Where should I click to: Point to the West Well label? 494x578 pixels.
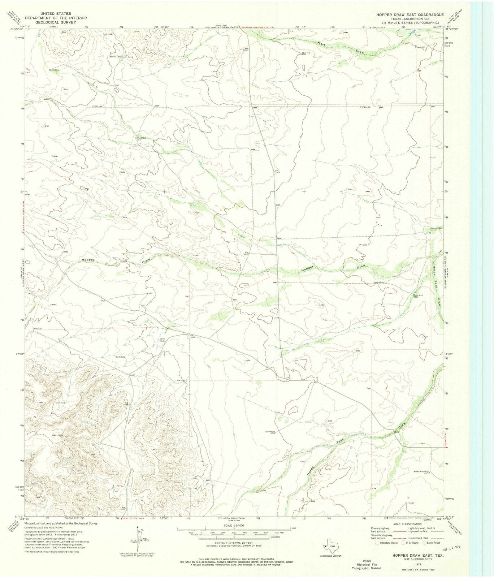(x=141, y=138)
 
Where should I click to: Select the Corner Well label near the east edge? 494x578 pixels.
(x=435, y=228)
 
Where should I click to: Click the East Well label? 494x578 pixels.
(x=418, y=295)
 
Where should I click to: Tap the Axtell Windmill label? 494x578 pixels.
(x=421, y=471)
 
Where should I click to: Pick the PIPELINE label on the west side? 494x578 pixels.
(x=97, y=106)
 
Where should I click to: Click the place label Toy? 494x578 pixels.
(x=368, y=389)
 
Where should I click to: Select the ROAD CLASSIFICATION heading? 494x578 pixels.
(x=406, y=523)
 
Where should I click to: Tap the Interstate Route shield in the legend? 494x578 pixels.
(x=378, y=543)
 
